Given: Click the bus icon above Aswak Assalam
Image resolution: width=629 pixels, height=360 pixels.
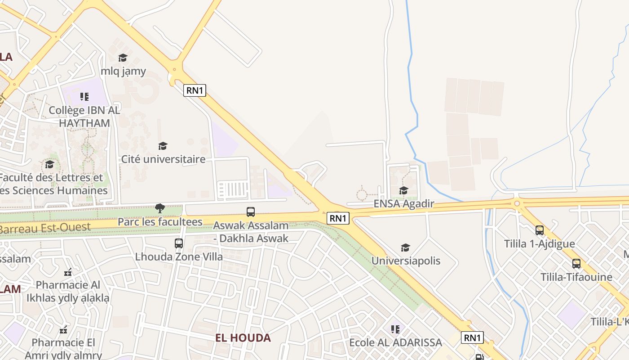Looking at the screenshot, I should [x=251, y=211].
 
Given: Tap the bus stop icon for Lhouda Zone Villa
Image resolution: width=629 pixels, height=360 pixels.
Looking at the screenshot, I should [x=179, y=243].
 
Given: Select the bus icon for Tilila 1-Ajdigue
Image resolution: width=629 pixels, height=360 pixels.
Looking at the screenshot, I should [x=540, y=230].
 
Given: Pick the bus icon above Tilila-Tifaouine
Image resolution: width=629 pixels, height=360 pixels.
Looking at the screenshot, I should [x=576, y=264].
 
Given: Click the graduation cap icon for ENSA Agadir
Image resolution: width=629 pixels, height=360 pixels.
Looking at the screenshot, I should [x=403, y=190].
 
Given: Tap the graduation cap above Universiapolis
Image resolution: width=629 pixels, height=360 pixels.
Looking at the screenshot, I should [x=406, y=247].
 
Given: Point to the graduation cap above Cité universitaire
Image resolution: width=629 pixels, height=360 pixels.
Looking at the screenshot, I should [x=163, y=146].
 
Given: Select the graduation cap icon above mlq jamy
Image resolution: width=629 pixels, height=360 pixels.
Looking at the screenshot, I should [x=123, y=58].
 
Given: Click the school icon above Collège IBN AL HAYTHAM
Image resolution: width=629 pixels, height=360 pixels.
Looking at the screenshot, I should [x=84, y=97].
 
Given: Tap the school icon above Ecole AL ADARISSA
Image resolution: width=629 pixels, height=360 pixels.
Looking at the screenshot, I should [x=395, y=329].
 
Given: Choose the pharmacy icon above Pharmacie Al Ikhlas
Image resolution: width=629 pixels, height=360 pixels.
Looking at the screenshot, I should [x=68, y=272].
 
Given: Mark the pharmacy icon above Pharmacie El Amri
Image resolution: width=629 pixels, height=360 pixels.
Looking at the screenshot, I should [x=63, y=330].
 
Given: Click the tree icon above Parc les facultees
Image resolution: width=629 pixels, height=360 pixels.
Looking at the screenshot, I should [x=159, y=208].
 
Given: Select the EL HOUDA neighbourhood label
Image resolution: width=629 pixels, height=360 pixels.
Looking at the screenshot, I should [x=243, y=337].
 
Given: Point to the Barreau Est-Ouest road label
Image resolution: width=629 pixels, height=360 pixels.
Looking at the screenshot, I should [x=45, y=228].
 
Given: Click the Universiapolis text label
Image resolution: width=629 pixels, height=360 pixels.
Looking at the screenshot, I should [x=406, y=261].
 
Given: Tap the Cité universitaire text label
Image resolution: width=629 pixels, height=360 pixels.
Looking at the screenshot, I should [x=163, y=159].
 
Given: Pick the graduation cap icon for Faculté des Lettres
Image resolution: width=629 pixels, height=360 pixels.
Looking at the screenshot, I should [x=49, y=164].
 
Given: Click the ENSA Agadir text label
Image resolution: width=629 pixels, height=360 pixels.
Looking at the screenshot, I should [x=404, y=204].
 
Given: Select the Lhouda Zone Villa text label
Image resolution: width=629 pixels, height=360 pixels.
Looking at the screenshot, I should [x=179, y=257].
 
